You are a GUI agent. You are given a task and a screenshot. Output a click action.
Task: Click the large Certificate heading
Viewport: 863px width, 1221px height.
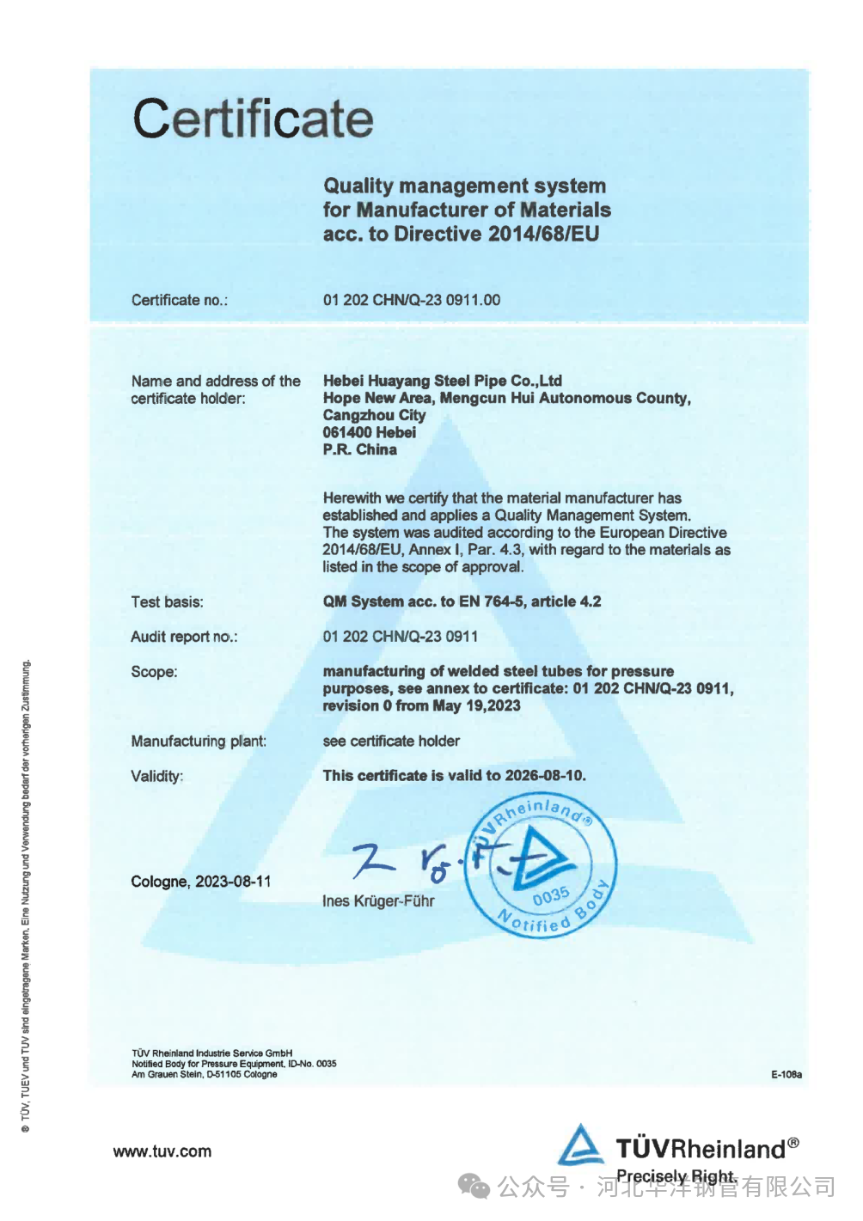tap(253, 119)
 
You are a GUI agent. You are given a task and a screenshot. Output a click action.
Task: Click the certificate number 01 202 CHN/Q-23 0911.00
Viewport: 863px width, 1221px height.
tap(411, 300)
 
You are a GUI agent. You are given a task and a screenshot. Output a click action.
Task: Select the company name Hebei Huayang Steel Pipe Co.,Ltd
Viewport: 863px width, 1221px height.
tap(442, 381)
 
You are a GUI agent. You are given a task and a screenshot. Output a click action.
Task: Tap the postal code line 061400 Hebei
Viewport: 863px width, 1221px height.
tap(369, 432)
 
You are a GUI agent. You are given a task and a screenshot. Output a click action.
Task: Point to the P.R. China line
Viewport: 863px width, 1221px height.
tap(359, 449)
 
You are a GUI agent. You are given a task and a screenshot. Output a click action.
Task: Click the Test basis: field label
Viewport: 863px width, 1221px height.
tap(167, 602)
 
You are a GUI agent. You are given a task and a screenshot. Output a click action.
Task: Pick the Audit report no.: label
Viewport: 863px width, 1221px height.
tap(184, 637)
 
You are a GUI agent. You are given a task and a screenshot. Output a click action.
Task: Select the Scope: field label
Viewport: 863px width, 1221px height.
tap(154, 672)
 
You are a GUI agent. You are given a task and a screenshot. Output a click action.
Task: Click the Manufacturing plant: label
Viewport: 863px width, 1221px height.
tap(199, 742)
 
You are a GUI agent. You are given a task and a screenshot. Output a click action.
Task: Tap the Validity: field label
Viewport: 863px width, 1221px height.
tap(156, 777)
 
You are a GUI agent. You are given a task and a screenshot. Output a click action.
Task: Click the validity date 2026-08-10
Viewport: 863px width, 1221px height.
tap(544, 776)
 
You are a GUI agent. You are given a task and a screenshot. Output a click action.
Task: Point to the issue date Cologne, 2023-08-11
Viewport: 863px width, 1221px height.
tap(200, 882)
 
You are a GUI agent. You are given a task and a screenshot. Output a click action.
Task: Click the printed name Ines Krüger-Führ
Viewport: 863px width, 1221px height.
tap(378, 901)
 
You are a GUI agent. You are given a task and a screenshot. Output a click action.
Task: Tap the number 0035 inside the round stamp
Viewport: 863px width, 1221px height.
tap(550, 896)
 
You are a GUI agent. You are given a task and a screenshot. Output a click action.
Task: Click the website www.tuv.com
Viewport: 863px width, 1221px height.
tap(162, 1151)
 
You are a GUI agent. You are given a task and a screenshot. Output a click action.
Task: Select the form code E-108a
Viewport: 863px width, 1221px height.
tap(786, 1075)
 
